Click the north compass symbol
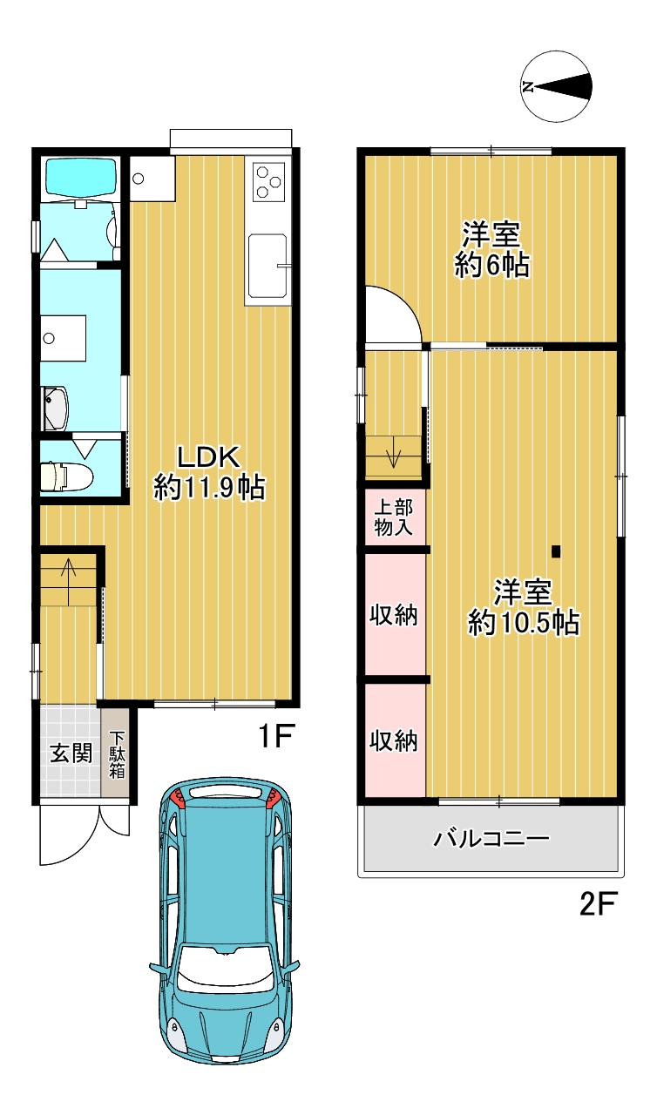557,86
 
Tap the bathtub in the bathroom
81,176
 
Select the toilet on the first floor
66,476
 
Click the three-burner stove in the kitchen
268,182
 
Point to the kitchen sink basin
268,265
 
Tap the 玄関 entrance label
71,753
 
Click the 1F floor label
277,736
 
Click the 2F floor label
599,904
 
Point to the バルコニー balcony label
491,839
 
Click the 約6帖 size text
491,266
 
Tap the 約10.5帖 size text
524,622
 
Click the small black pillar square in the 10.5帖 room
556,551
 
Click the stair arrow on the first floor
68,580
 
